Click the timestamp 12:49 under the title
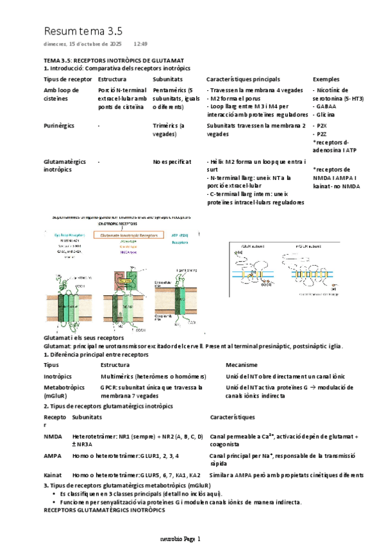140,44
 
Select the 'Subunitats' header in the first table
167,79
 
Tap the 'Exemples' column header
326,79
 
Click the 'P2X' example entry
322,126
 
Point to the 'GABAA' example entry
324,106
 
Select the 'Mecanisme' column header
241,364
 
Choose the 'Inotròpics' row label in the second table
58,377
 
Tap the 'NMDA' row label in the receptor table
53,436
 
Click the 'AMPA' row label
53,455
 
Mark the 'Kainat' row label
53,475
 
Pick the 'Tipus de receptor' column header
64,79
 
